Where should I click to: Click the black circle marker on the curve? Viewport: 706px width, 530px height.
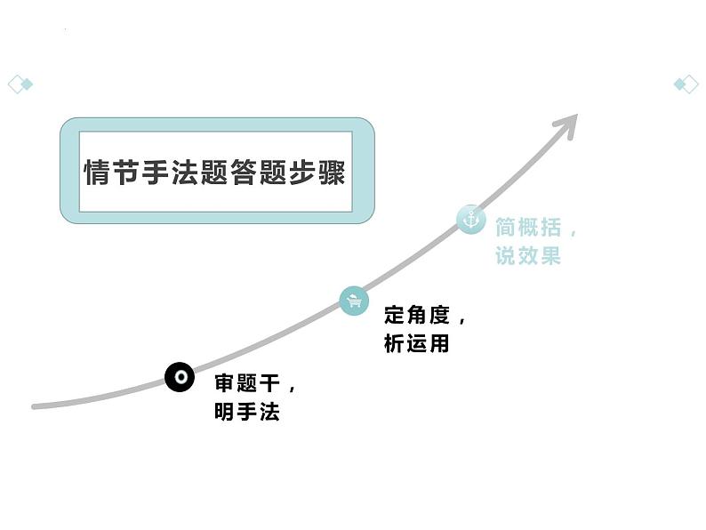coord(181,377)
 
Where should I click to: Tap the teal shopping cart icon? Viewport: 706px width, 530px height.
coord(354,301)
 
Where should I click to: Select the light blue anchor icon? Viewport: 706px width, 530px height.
coord(470,219)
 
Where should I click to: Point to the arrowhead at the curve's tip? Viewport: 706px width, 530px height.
coord(566,123)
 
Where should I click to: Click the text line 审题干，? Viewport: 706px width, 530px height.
coord(256,384)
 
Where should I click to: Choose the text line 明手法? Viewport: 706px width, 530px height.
coord(246,412)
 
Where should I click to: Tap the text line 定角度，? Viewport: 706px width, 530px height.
coord(425,316)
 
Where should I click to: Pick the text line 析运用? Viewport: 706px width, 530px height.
coord(416,343)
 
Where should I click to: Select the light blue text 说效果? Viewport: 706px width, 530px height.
coord(528,256)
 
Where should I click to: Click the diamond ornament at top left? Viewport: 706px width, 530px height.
coord(20,84)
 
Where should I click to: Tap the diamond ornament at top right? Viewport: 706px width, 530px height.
coord(686,84)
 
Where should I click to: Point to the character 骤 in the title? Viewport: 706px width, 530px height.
coord(332,171)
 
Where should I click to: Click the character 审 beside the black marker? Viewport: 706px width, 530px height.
coord(224,384)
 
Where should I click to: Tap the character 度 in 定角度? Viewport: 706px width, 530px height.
coord(439,316)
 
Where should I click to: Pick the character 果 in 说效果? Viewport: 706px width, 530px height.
coord(550,256)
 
